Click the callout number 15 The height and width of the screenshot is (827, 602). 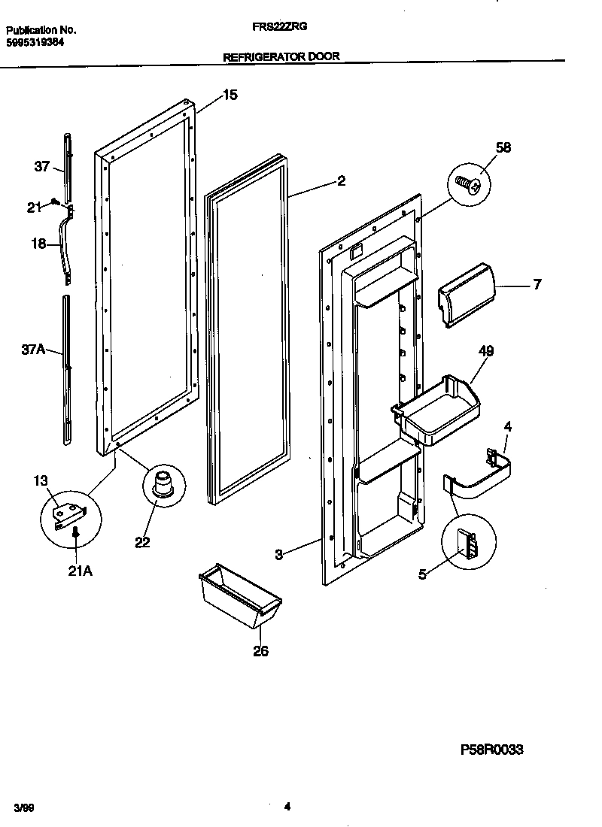pos(230,95)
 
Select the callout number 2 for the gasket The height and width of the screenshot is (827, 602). pos(341,180)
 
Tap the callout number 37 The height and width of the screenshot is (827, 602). pos(41,167)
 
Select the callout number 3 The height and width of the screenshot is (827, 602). pos(278,555)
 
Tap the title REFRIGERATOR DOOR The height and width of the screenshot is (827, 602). pos(281,56)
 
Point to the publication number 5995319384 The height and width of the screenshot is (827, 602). pos(36,43)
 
